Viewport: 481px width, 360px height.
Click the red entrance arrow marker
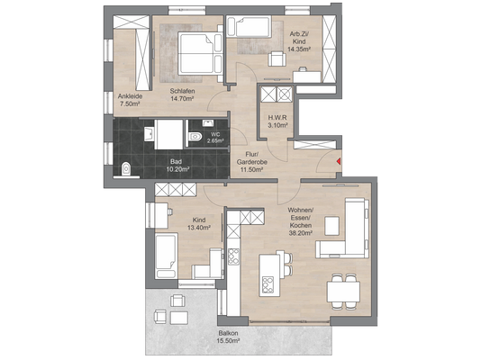tap(339, 161)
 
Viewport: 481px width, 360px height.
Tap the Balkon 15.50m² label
tap(228, 337)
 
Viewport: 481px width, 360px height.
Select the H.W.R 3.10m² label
tap(277, 121)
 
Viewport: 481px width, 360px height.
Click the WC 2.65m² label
tap(215, 138)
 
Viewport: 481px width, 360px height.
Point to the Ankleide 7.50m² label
tap(130, 100)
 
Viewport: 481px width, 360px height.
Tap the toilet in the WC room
tap(195, 136)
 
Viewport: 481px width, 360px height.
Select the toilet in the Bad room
tap(126, 169)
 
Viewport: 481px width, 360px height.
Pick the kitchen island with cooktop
tap(270, 274)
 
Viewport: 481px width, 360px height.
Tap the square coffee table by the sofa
tap(331, 226)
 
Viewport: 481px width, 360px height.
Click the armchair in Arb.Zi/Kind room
tap(277, 58)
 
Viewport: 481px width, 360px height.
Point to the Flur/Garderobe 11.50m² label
tap(252, 162)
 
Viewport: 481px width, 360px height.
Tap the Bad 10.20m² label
tap(177, 165)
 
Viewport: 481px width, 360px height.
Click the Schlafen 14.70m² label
tap(183, 94)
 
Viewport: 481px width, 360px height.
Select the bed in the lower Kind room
tap(167, 256)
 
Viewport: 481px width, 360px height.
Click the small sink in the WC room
tap(208, 123)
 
